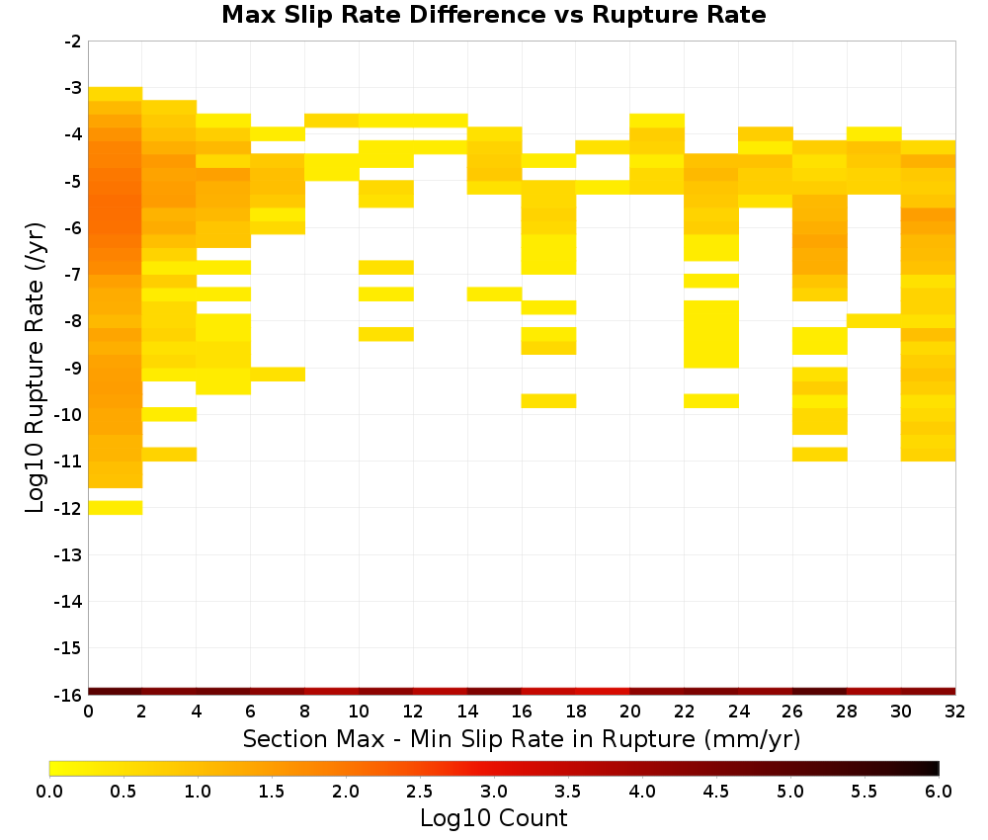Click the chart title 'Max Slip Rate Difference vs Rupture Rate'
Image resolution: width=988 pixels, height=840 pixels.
pyautogui.click(x=493, y=15)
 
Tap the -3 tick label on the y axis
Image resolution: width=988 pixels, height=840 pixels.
pyautogui.click(x=73, y=88)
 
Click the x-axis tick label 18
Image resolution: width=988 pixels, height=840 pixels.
pyautogui.click(x=576, y=712)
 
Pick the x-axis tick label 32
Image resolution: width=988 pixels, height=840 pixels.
pyautogui.click(x=955, y=712)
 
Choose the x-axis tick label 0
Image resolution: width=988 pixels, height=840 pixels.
pyautogui.click(x=88, y=712)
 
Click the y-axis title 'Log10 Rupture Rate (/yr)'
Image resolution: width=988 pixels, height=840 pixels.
pyautogui.click(x=36, y=367)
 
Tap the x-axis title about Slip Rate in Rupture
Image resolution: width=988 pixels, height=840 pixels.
pyautogui.click(x=522, y=738)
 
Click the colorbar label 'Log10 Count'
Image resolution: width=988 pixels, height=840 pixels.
pyautogui.click(x=493, y=818)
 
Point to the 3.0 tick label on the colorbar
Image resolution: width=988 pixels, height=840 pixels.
pyautogui.click(x=493, y=791)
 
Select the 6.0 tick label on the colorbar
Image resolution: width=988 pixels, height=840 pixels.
pyautogui.click(x=939, y=791)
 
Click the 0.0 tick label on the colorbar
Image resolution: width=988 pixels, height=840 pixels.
pyautogui.click(x=49, y=791)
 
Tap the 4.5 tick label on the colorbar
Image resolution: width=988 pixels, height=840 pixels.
pyautogui.click(x=715, y=791)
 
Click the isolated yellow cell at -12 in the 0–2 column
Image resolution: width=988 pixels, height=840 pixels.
pyautogui.click(x=116, y=507)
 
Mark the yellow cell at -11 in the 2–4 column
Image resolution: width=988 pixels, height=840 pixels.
pyautogui.click(x=170, y=455)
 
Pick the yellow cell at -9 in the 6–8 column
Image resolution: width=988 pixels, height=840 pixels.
pyautogui.click(x=278, y=375)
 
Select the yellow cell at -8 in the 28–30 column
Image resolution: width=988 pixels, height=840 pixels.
pyautogui.click(x=874, y=321)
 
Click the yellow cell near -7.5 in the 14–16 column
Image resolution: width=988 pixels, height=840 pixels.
pyautogui.click(x=495, y=294)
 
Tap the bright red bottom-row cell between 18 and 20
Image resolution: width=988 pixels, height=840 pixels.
pyautogui.click(x=603, y=692)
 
